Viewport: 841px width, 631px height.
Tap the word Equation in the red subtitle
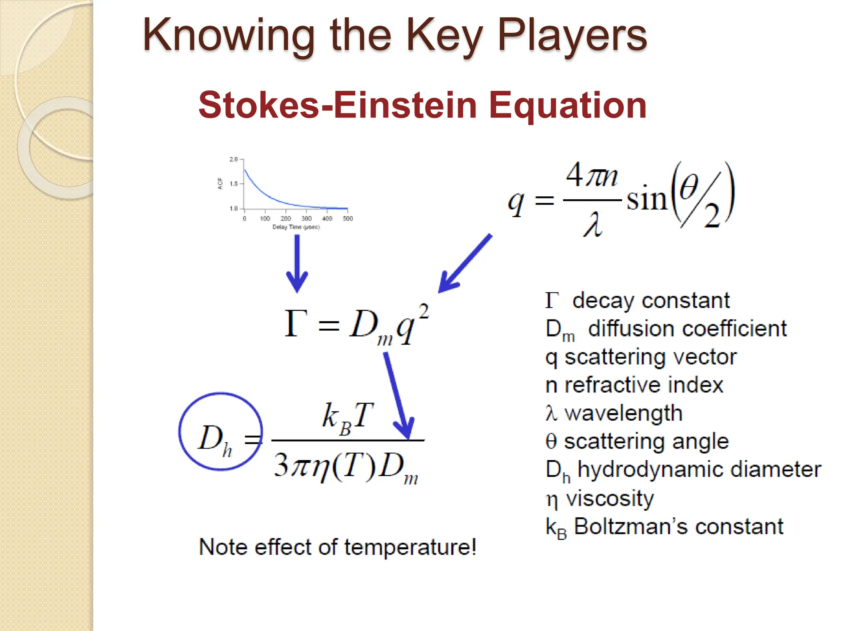568,105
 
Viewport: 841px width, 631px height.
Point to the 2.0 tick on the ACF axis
233,159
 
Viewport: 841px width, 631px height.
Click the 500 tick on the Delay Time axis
348,219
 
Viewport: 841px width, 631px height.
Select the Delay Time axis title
296,227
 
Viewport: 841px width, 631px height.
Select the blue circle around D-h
221,431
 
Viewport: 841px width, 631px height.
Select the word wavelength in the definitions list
623,413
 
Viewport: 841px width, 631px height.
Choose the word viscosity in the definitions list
610,498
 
